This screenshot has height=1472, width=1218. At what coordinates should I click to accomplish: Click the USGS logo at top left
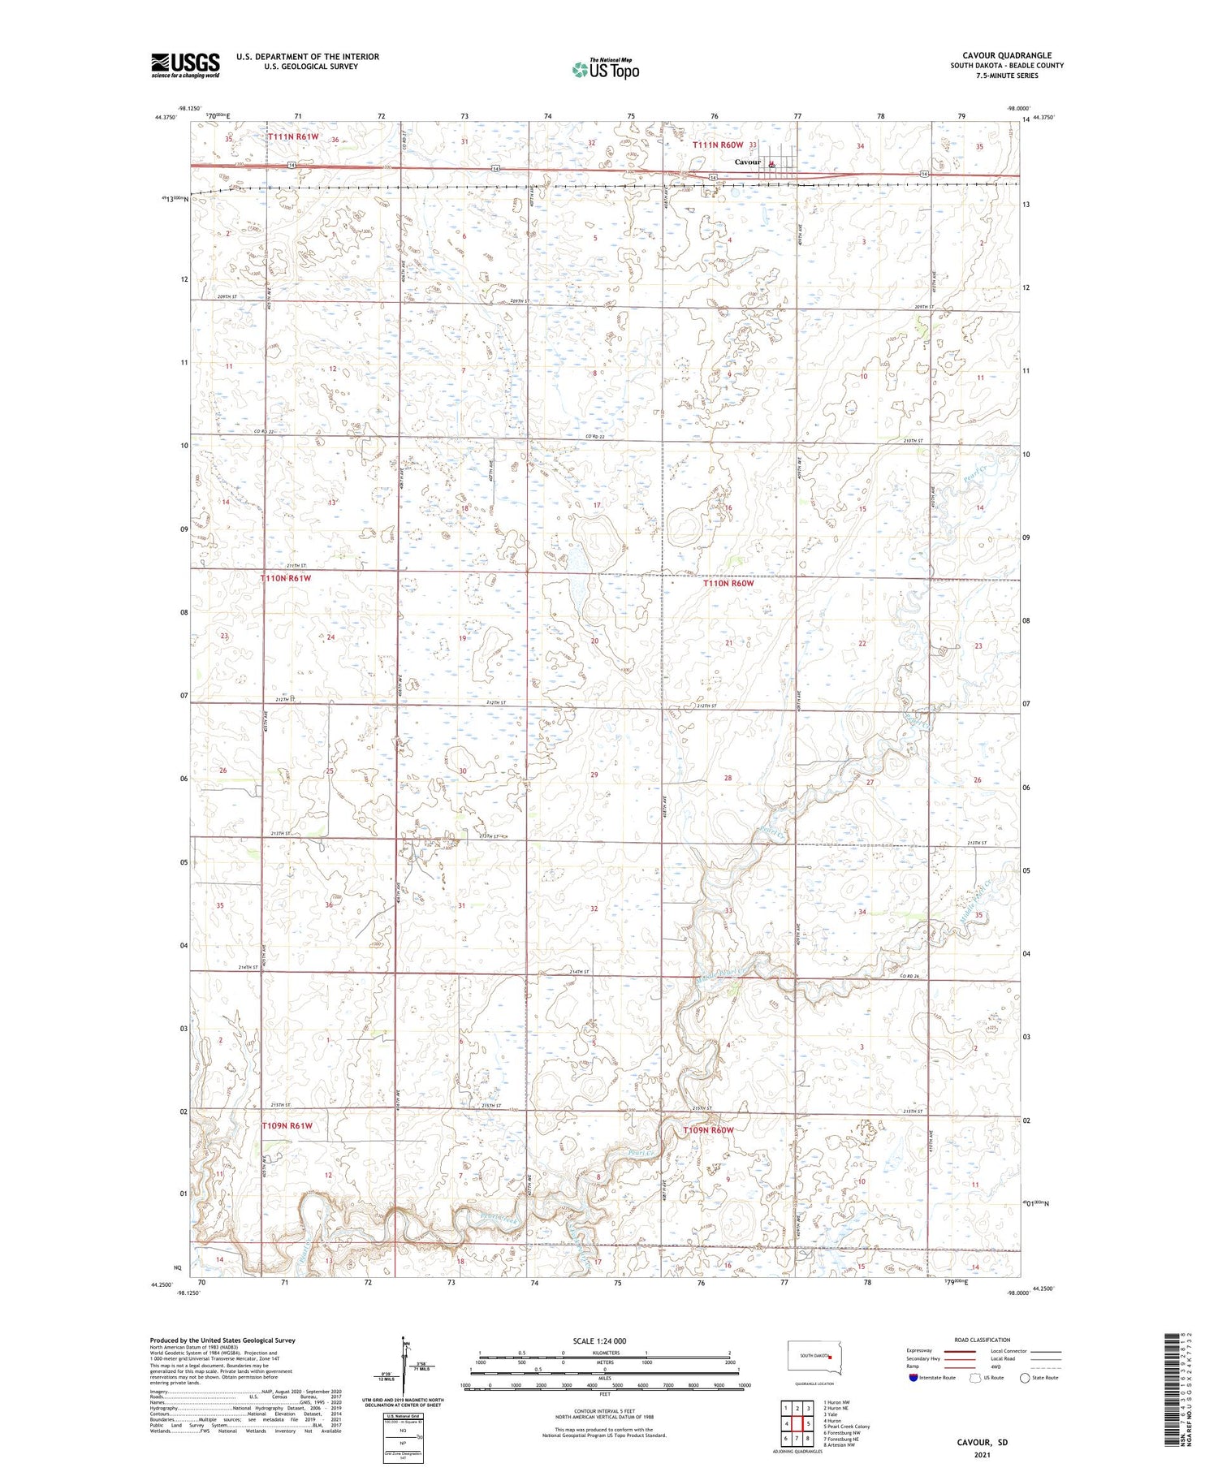pos(185,65)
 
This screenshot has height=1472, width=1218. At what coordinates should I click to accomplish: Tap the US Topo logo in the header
pos(605,70)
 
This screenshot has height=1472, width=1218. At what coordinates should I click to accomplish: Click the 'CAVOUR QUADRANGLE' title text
pos(1005,55)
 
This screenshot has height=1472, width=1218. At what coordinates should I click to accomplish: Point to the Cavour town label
pos(747,162)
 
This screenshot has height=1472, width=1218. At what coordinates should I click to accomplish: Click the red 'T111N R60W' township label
pos(718,145)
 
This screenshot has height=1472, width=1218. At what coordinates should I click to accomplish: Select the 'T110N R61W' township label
pos(286,578)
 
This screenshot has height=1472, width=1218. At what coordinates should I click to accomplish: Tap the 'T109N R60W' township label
pos(708,1130)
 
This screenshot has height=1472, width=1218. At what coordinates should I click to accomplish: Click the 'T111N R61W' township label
pos(292,137)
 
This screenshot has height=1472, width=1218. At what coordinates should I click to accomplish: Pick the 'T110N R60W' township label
pos(728,583)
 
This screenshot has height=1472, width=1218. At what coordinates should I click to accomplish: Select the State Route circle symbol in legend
pos(1026,1378)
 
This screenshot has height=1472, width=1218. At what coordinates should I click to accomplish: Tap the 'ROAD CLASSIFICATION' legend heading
pos(983,1340)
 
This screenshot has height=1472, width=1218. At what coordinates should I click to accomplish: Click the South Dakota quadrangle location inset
pos(816,1358)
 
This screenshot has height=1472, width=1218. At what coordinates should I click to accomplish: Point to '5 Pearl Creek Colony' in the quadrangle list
pos(846,1427)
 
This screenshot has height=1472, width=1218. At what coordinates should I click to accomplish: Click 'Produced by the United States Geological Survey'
pos(222,1340)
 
